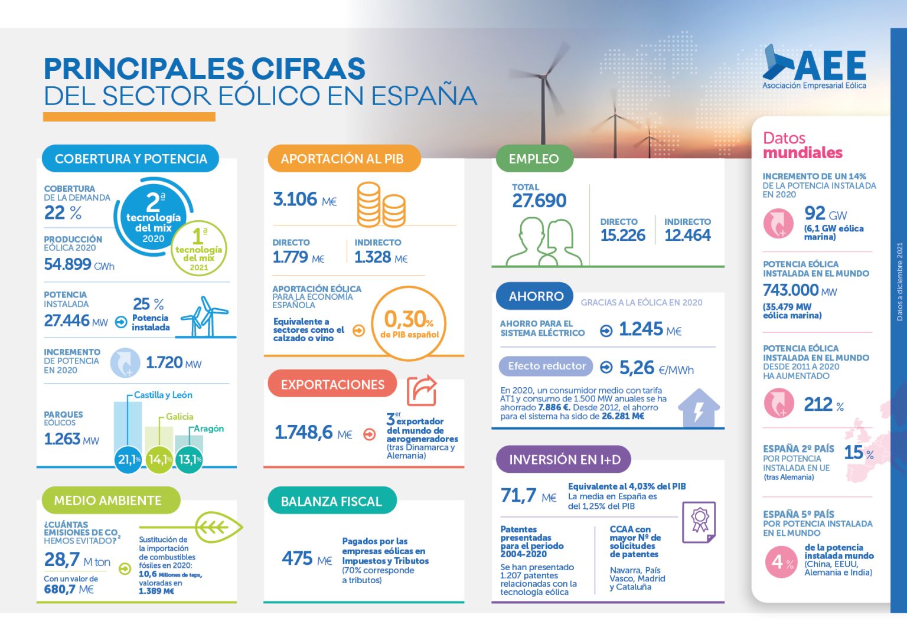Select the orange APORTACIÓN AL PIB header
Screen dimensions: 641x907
point(343,158)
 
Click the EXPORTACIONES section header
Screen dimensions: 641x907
point(332,385)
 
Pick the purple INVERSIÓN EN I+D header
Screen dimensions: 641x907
point(563,459)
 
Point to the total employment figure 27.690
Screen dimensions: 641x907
point(539,201)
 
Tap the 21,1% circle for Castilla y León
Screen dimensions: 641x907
point(128,459)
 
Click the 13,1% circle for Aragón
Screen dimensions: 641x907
point(190,459)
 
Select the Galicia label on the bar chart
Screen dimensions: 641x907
point(180,417)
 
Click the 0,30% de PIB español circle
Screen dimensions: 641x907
point(409,323)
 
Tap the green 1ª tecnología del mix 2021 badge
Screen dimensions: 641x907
point(199,248)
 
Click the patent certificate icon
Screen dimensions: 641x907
point(699,522)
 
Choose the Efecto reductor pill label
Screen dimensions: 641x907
point(546,366)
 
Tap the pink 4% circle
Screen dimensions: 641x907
point(781,562)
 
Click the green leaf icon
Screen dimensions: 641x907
point(218,527)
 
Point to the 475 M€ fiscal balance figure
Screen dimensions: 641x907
point(306,558)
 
